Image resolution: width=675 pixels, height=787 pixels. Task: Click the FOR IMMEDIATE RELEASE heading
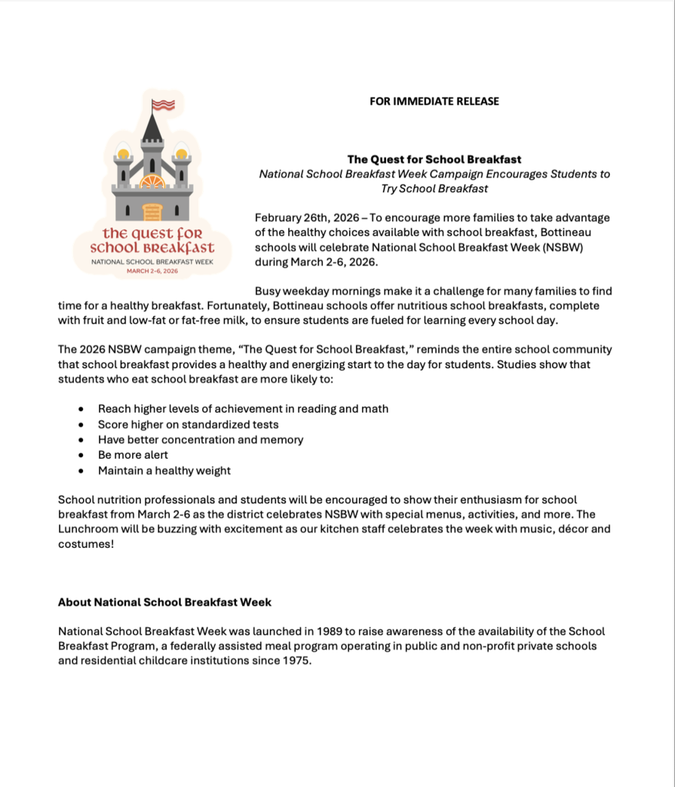(x=434, y=101)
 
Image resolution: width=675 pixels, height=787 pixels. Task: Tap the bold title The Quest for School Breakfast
(x=434, y=159)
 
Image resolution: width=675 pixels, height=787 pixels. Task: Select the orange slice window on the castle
(x=152, y=181)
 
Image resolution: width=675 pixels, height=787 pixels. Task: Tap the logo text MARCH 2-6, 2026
(x=152, y=271)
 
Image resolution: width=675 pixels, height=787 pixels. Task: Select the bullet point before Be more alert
(x=81, y=455)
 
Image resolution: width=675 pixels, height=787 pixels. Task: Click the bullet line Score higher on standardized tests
(x=188, y=424)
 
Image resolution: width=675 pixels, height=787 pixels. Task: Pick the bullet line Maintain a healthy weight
(x=164, y=470)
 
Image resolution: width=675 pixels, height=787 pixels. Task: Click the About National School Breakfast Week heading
(x=165, y=602)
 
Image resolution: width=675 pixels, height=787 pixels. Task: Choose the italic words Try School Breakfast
(x=434, y=188)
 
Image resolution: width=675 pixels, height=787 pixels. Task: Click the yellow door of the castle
(x=152, y=211)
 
